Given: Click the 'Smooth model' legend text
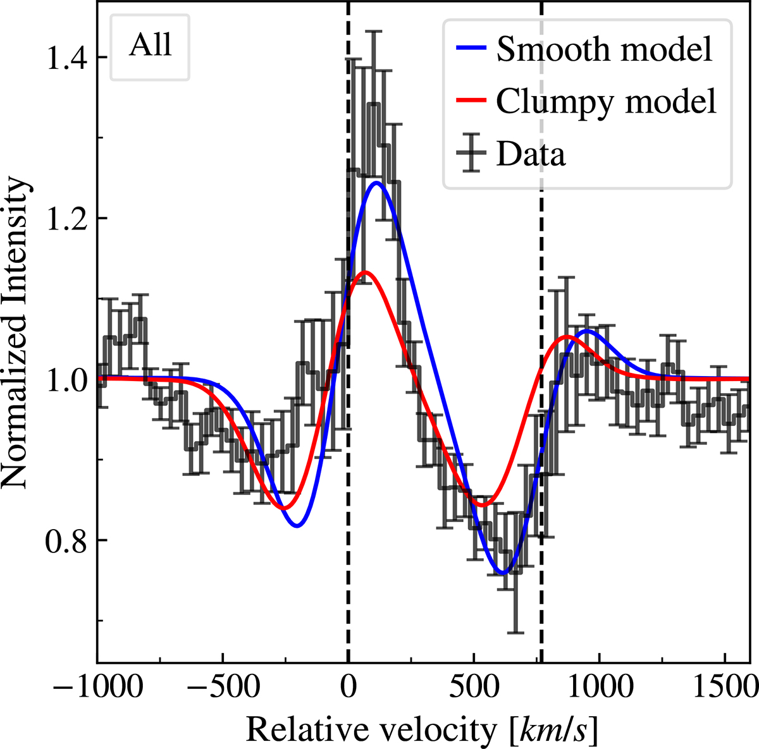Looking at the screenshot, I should (x=604, y=49).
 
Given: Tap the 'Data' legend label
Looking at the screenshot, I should (x=531, y=154).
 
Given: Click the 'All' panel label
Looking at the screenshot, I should (x=150, y=46).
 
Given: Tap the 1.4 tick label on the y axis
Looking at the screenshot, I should (x=66, y=57).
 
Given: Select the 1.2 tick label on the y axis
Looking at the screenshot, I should (x=66, y=218).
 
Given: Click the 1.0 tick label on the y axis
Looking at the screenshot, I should (x=66, y=379).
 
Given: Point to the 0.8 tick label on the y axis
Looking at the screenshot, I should (x=66, y=540).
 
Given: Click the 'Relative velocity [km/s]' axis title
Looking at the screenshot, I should (x=423, y=730).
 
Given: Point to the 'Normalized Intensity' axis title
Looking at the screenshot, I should (x=15, y=332).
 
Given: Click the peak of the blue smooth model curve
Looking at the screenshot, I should (x=377, y=183).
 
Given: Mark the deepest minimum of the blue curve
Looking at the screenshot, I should (x=503, y=573).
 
